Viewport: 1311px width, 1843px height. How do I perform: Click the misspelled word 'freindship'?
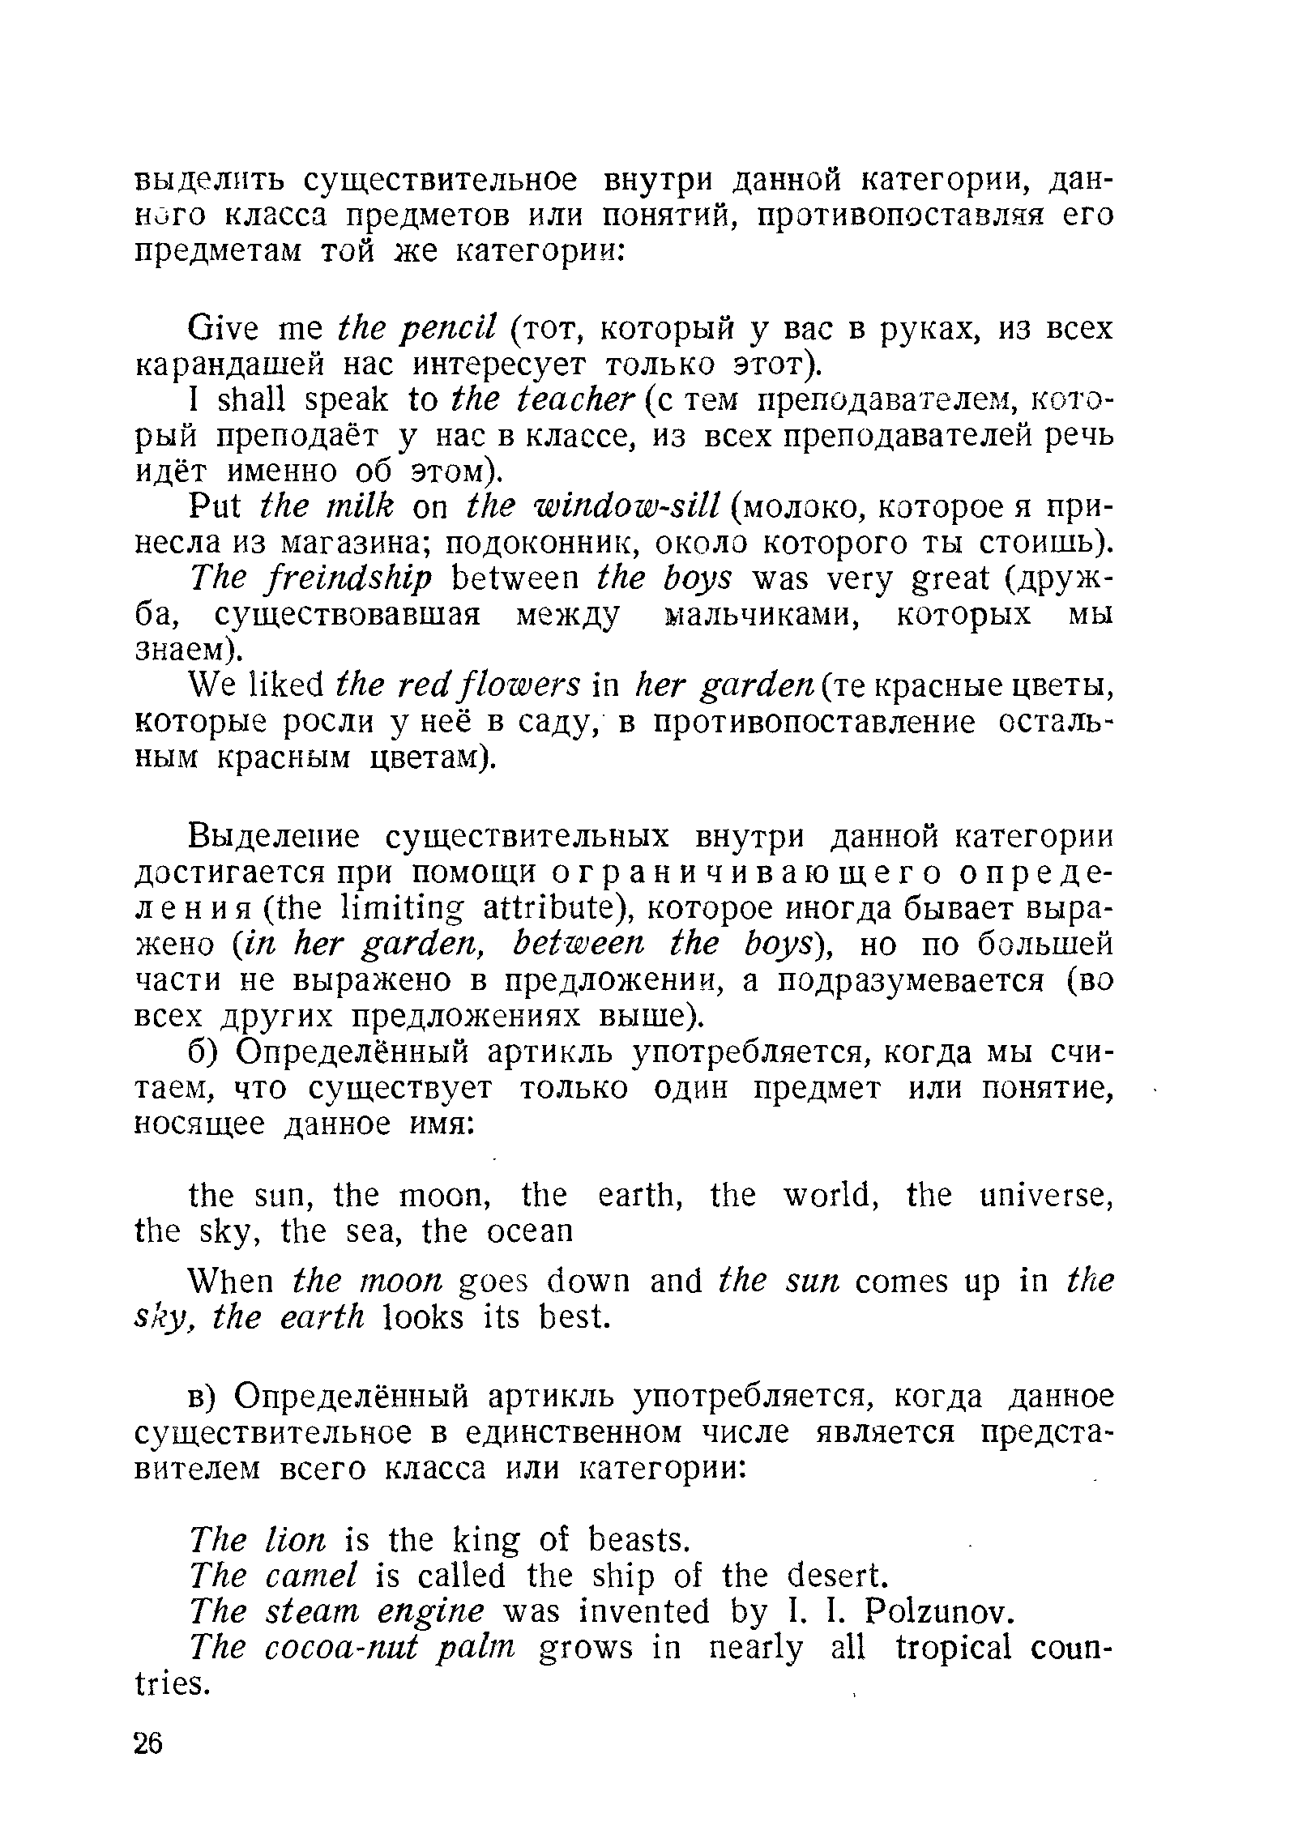point(342,580)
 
